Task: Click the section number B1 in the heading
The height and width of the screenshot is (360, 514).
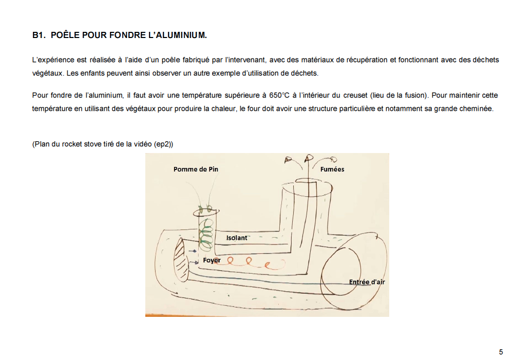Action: coord(39,35)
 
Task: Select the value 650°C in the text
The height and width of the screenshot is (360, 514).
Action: coord(280,96)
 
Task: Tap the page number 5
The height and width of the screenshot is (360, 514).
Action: coord(501,352)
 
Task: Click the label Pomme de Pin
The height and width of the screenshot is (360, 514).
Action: coord(196,169)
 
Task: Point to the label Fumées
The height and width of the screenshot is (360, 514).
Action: coord(332,169)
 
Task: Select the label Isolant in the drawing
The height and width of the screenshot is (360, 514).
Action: coord(237,238)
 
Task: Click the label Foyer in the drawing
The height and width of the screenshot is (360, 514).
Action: coord(212,260)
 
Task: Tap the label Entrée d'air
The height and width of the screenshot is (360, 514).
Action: coord(367,282)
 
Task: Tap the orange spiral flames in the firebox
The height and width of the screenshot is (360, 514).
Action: coord(256,262)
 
